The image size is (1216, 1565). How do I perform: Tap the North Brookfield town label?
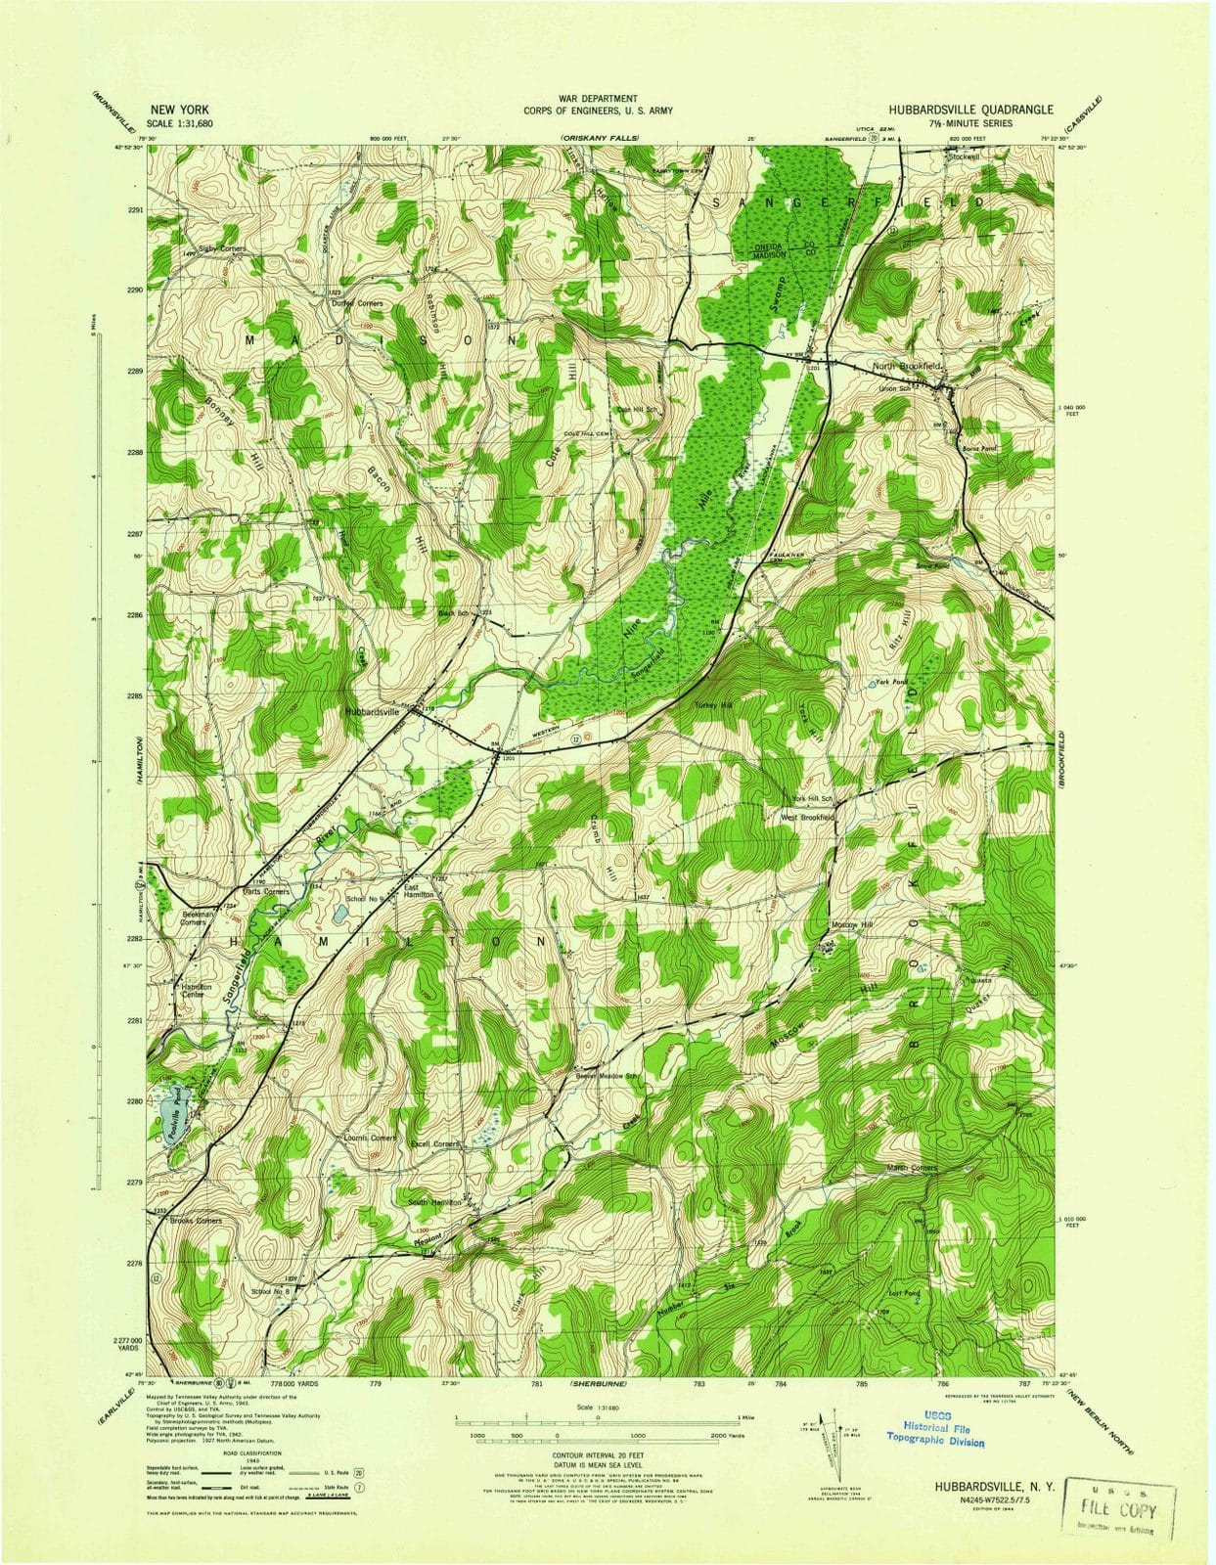906,366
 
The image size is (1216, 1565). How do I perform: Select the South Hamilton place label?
434,1201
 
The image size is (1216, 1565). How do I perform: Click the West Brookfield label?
807,816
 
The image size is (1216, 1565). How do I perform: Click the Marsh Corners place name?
911,1168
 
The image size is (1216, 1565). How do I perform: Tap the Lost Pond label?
905,1293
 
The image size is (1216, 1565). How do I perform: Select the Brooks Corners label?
196,1221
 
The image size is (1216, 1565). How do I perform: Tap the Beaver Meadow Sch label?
607,1077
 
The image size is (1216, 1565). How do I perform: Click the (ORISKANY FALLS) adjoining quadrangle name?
599,140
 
